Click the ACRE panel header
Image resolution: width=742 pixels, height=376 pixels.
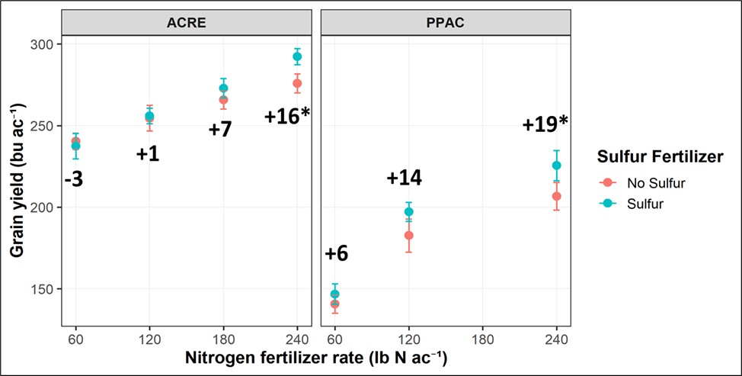click(187, 23)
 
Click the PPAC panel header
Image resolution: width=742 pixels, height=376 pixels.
click(446, 23)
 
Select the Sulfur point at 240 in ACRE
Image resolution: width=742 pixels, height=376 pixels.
click(297, 56)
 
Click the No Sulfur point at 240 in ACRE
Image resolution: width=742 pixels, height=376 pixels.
click(297, 83)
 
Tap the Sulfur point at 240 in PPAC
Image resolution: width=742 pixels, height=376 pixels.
click(556, 166)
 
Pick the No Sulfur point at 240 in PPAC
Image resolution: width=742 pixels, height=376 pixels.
click(556, 196)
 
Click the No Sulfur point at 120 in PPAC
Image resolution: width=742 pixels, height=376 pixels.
click(408, 235)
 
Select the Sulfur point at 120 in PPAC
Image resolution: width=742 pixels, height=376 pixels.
click(408, 212)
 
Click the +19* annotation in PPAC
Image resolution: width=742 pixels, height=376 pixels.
click(545, 124)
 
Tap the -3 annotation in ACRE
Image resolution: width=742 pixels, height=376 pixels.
click(74, 180)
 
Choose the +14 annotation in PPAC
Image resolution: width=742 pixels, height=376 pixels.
click(404, 178)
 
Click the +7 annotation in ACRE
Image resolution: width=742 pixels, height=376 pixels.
click(220, 130)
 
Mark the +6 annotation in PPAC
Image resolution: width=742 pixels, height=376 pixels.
click(336, 254)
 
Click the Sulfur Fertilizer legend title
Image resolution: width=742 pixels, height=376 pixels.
click(659, 157)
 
